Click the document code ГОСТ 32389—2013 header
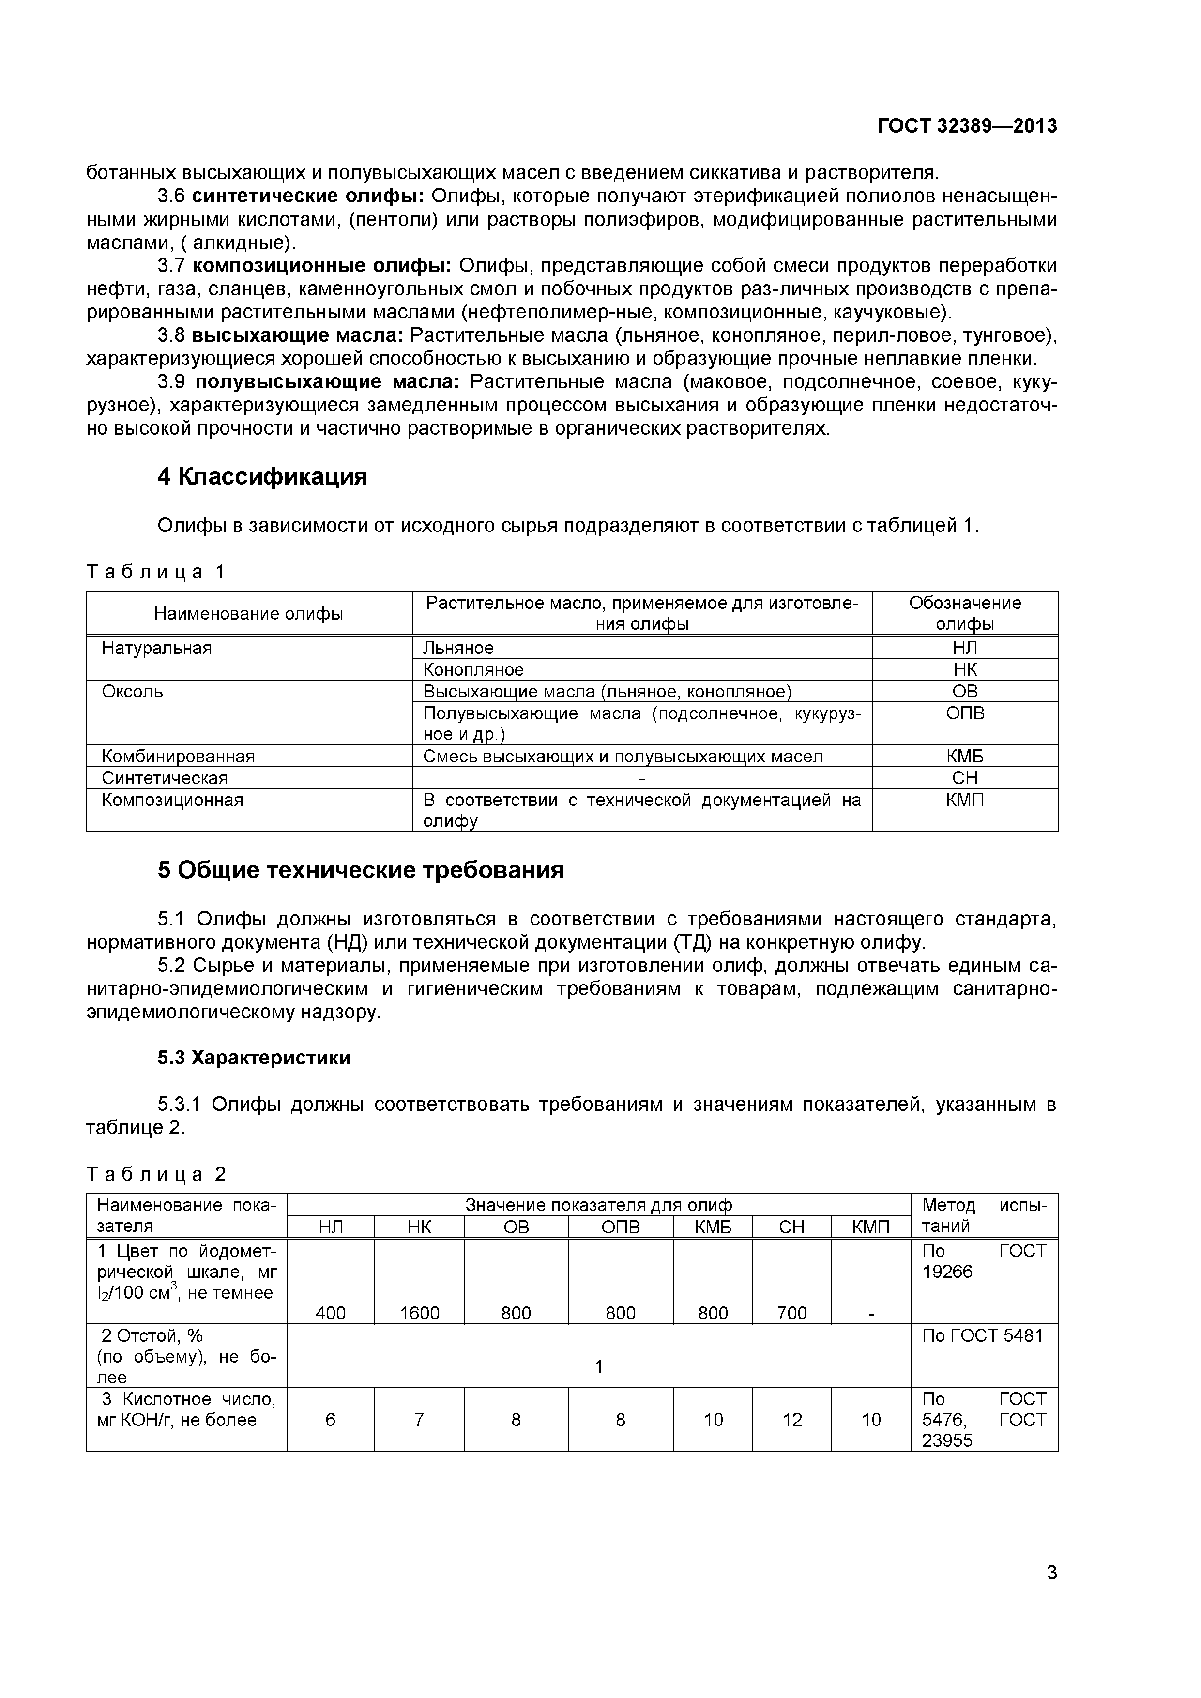967,126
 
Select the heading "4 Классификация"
262,477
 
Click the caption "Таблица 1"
156,572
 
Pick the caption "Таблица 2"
156,1174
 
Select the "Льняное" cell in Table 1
458,648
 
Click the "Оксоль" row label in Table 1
132,692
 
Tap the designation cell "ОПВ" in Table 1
965,713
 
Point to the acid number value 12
792,1419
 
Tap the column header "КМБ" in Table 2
713,1227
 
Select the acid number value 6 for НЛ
331,1419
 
